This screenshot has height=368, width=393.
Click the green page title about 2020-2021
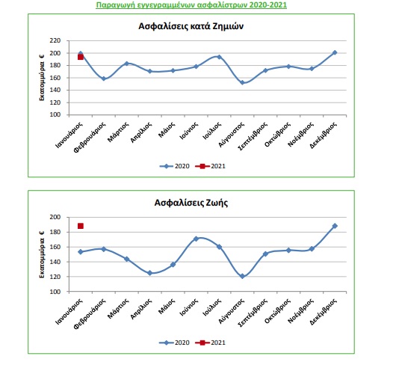tap(191, 5)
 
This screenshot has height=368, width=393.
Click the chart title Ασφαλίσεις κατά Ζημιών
tap(191, 26)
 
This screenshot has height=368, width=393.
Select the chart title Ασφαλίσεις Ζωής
tap(191, 203)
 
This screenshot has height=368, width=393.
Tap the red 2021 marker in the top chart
tap(81, 57)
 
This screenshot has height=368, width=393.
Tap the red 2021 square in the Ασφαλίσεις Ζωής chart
tap(81, 226)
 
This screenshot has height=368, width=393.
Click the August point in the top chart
tap(242, 82)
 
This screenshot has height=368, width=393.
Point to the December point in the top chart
tap(335, 52)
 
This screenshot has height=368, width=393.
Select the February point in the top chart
tap(104, 79)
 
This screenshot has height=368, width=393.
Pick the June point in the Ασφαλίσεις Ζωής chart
tap(196, 239)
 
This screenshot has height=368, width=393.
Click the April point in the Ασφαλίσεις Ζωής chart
tap(150, 273)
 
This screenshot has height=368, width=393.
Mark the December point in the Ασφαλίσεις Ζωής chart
tap(335, 226)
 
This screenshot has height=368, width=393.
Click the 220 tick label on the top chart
tap(55, 40)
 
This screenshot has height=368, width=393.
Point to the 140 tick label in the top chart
tap(55, 90)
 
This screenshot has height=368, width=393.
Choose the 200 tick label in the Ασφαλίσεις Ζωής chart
tap(55, 217)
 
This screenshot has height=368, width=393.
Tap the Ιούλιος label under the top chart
tap(212, 130)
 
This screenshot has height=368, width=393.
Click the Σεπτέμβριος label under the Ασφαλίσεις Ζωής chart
tap(253, 313)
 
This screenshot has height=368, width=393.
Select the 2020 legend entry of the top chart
tap(174, 166)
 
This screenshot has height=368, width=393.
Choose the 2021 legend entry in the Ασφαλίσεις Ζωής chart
tap(210, 343)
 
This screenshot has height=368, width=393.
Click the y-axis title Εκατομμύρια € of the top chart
tap(42, 78)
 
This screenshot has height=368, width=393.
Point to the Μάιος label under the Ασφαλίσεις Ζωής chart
tap(167, 306)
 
